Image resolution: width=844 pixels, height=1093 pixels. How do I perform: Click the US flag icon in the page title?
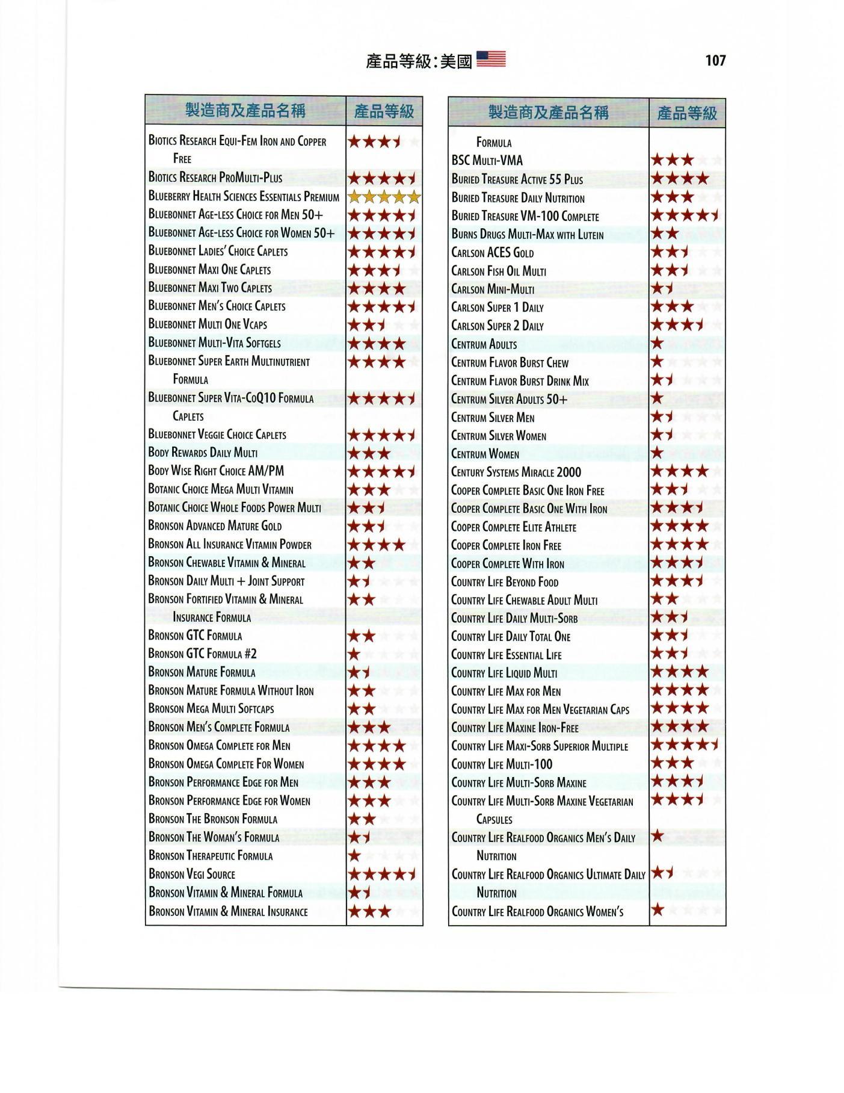[491, 59]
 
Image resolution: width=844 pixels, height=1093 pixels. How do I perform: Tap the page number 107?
[715, 60]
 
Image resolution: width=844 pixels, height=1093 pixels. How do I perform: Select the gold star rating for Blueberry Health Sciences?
[384, 196]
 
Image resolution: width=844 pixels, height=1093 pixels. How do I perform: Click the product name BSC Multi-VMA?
[487, 161]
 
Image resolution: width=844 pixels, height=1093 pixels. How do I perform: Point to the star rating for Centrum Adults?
[658, 344]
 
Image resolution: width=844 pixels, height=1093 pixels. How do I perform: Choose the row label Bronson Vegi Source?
[192, 874]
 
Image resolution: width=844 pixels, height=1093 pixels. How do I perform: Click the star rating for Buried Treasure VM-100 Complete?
[685, 215]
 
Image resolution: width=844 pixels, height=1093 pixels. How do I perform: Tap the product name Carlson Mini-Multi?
[493, 289]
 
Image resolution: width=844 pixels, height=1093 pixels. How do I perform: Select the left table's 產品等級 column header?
[384, 111]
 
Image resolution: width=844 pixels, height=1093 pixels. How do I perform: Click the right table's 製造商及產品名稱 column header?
[548, 113]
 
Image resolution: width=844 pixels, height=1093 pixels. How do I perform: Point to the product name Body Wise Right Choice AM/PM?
[216, 471]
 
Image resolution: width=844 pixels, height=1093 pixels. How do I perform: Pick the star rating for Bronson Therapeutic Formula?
[355, 856]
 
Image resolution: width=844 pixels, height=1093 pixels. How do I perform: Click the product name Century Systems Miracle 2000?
[516, 472]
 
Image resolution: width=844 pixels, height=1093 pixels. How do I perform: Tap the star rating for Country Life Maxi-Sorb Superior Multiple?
[685, 745]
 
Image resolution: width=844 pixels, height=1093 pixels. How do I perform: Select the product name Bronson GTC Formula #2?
[203, 654]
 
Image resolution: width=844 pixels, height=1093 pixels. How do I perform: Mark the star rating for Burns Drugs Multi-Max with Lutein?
[665, 234]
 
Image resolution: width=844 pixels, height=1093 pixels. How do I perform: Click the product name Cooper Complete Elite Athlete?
[514, 527]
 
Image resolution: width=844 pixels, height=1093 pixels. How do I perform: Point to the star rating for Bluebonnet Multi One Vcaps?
[367, 325]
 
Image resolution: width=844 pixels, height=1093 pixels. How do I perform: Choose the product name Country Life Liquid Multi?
[504, 673]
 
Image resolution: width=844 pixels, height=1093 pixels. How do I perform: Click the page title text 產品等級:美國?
[419, 61]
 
